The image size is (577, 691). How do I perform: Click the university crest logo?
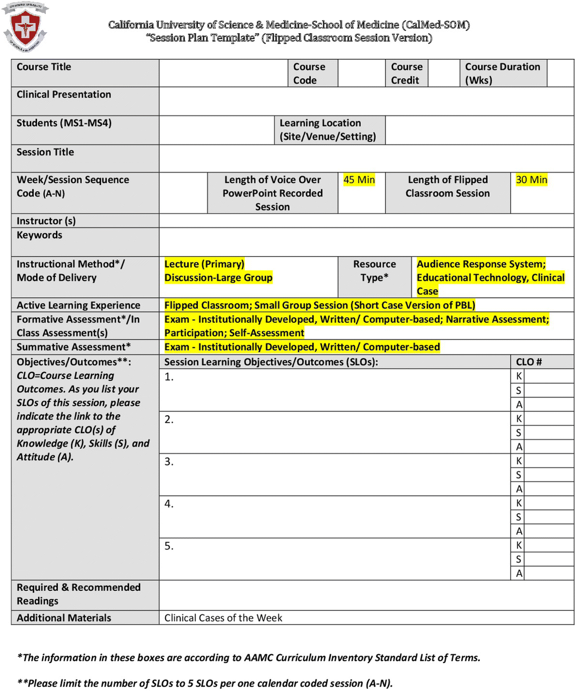click(25, 27)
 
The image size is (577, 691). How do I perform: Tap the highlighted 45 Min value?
click(359, 180)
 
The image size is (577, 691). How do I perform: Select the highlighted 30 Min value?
click(532, 180)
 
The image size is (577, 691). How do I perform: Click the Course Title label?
click(44, 67)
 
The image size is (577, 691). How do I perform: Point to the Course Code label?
click(309, 73)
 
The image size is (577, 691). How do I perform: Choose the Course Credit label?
click(406, 73)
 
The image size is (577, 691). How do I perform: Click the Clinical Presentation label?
click(64, 94)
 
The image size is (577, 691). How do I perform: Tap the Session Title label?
click(45, 152)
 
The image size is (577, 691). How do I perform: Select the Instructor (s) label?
click(46, 221)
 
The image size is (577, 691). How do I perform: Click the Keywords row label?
click(39, 235)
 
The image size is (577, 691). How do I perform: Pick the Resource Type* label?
click(374, 270)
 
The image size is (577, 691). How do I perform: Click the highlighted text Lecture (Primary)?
click(204, 264)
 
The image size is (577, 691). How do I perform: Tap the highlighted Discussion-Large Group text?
click(218, 278)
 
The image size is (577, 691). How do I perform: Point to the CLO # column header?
click(529, 362)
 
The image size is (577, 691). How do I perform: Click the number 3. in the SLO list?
click(169, 462)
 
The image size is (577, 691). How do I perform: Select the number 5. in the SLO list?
click(169, 546)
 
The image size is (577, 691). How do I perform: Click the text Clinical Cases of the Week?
click(223, 618)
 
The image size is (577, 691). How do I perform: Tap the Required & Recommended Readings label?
click(78, 594)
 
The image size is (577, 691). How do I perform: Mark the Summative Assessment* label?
click(73, 347)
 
